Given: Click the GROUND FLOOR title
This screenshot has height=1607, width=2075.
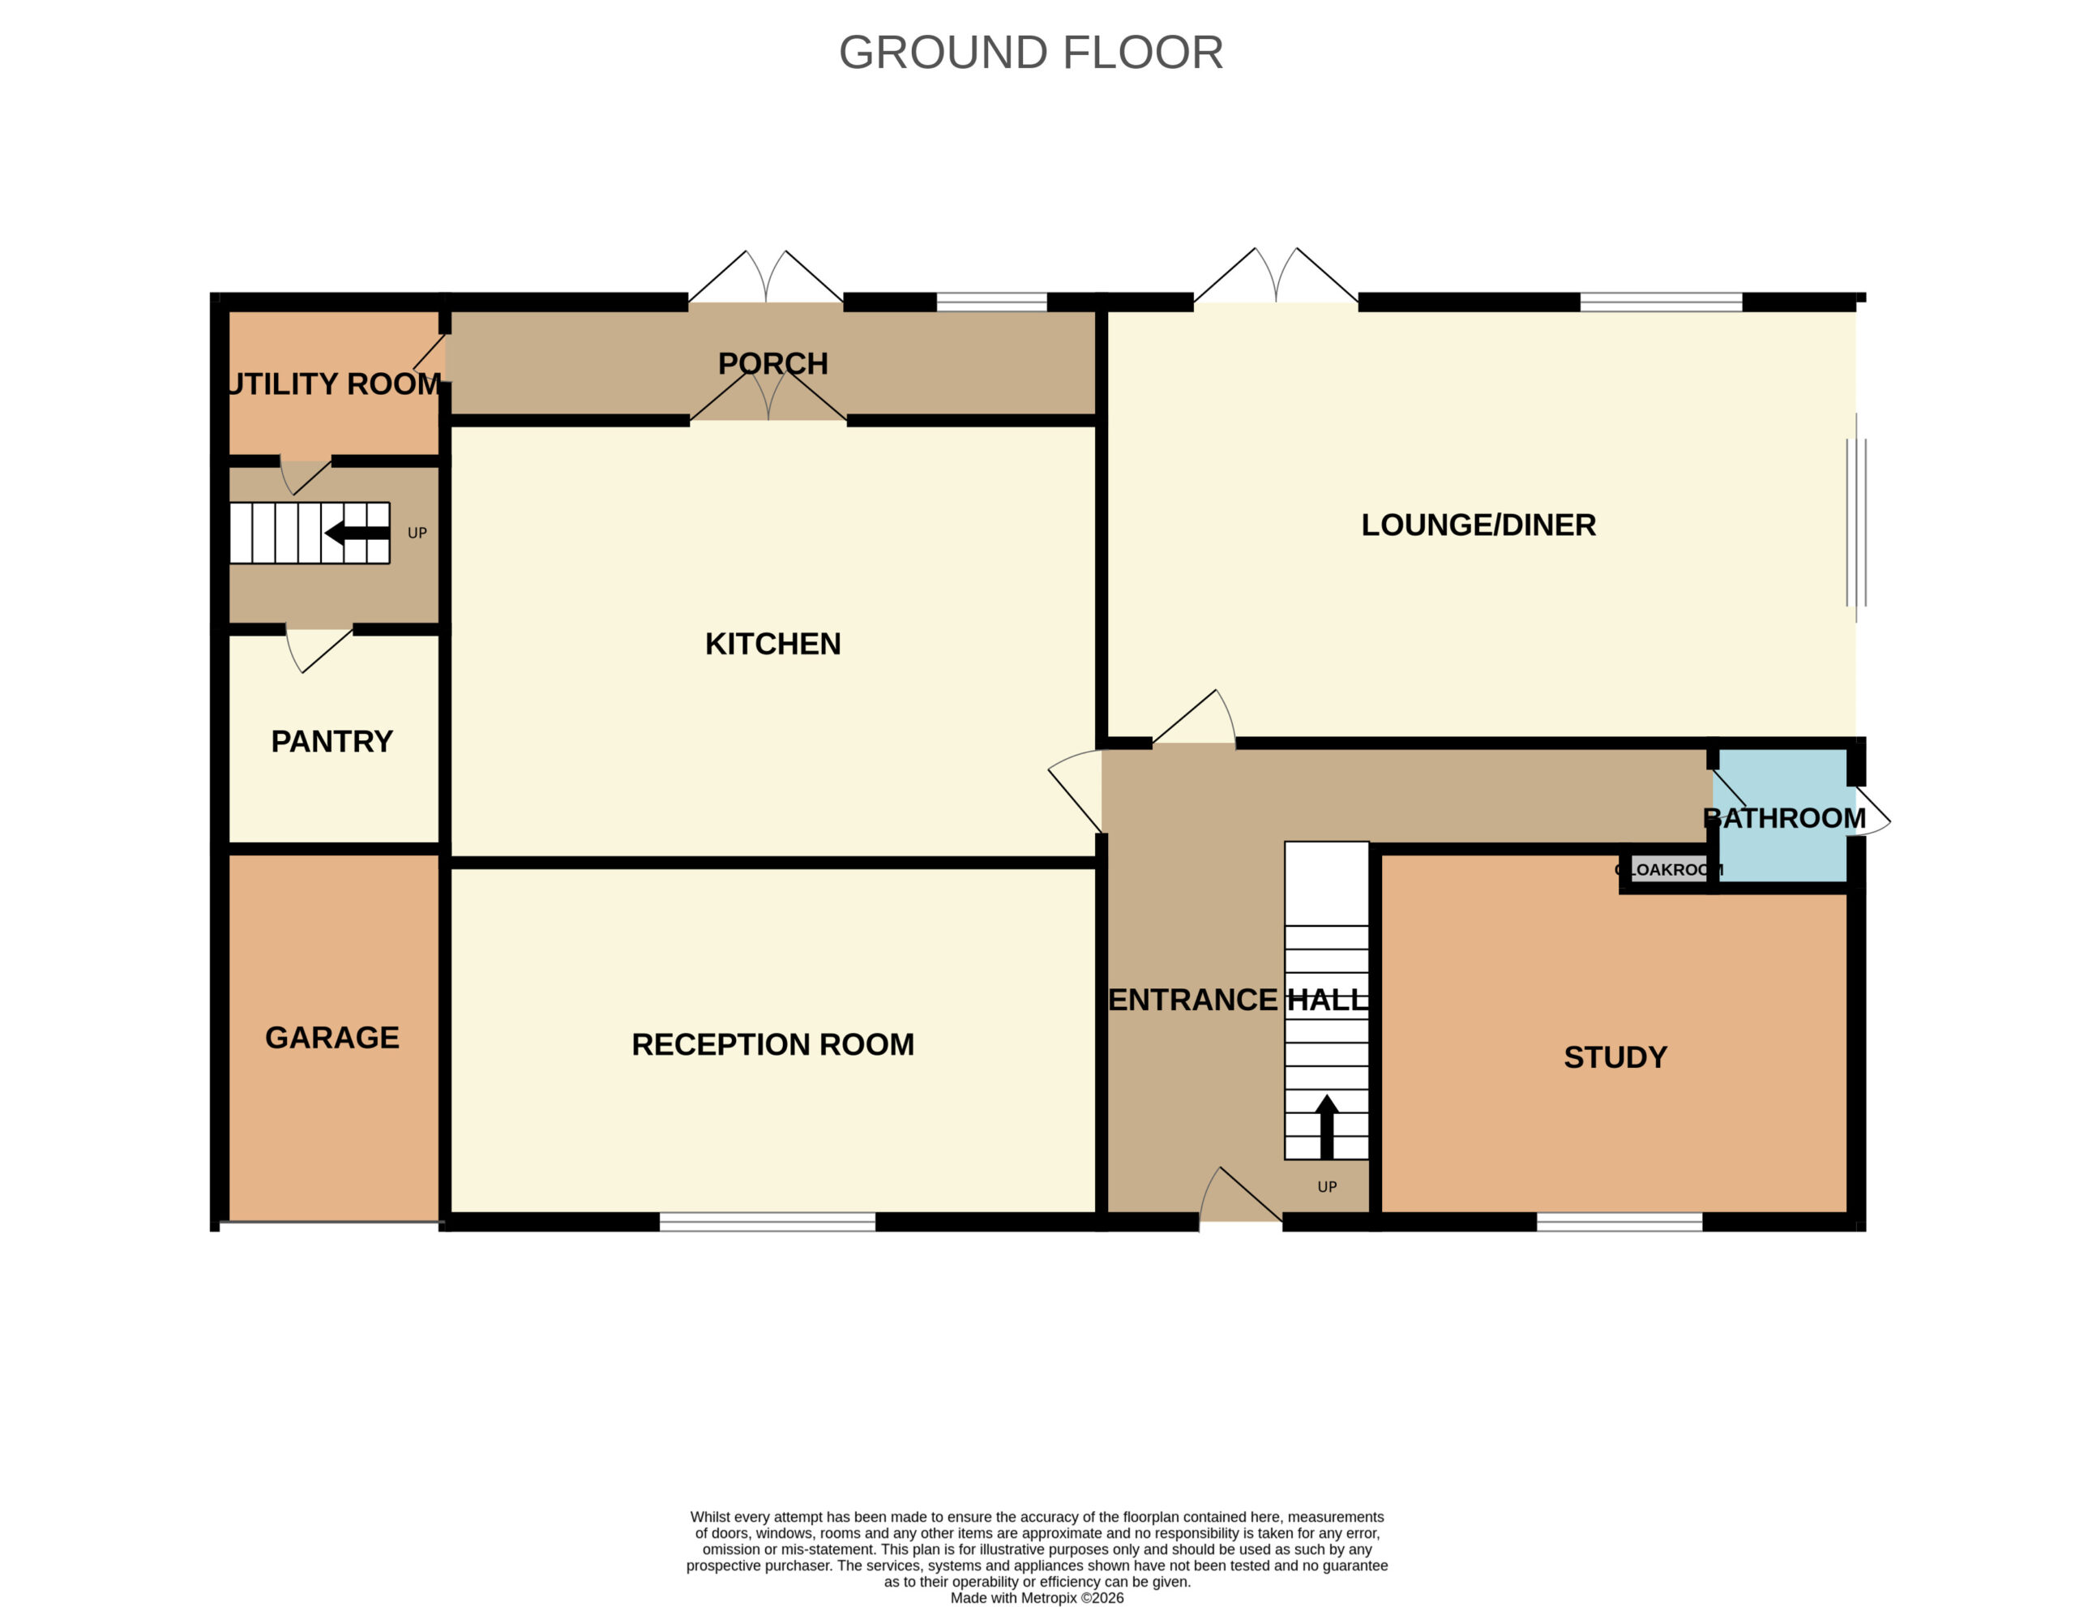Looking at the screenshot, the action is click(x=1031, y=52).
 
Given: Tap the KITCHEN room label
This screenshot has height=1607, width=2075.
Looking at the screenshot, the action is click(x=772, y=644).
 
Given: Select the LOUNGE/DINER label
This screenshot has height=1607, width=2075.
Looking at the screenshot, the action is click(x=1478, y=525).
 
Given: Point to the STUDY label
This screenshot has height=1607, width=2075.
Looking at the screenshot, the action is click(x=1615, y=1056).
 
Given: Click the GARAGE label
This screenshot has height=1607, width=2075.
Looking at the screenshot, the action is click(x=332, y=1037).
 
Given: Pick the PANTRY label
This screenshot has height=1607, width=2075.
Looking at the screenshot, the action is click(x=332, y=741).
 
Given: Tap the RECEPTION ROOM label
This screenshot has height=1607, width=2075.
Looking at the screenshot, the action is click(x=772, y=1044).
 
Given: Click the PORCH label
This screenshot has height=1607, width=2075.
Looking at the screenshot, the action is click(x=772, y=363).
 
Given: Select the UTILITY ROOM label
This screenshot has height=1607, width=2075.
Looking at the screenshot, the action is click(x=335, y=384).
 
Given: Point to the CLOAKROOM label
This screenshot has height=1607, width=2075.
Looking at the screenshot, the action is click(x=1668, y=869).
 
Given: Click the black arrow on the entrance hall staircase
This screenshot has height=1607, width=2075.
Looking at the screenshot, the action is click(x=1326, y=1127).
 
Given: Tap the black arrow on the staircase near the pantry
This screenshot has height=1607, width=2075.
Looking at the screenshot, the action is click(x=357, y=534).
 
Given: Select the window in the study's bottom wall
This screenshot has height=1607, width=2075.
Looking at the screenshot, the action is click(x=1619, y=1222).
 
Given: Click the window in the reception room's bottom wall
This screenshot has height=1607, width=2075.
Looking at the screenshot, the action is click(x=767, y=1222).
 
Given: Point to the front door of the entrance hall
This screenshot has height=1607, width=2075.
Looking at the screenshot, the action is click(x=1241, y=1195).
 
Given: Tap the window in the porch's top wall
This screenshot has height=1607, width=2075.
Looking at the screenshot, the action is click(x=992, y=302).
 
